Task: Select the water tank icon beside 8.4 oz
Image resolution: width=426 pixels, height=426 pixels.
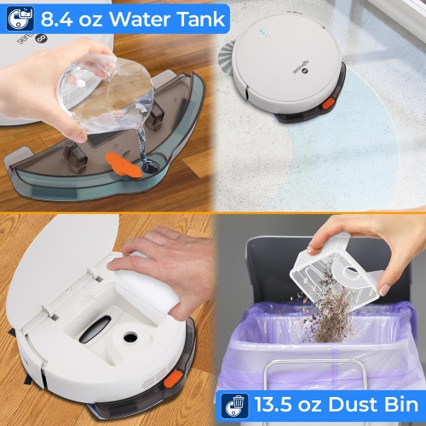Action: click(x=20, y=16)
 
